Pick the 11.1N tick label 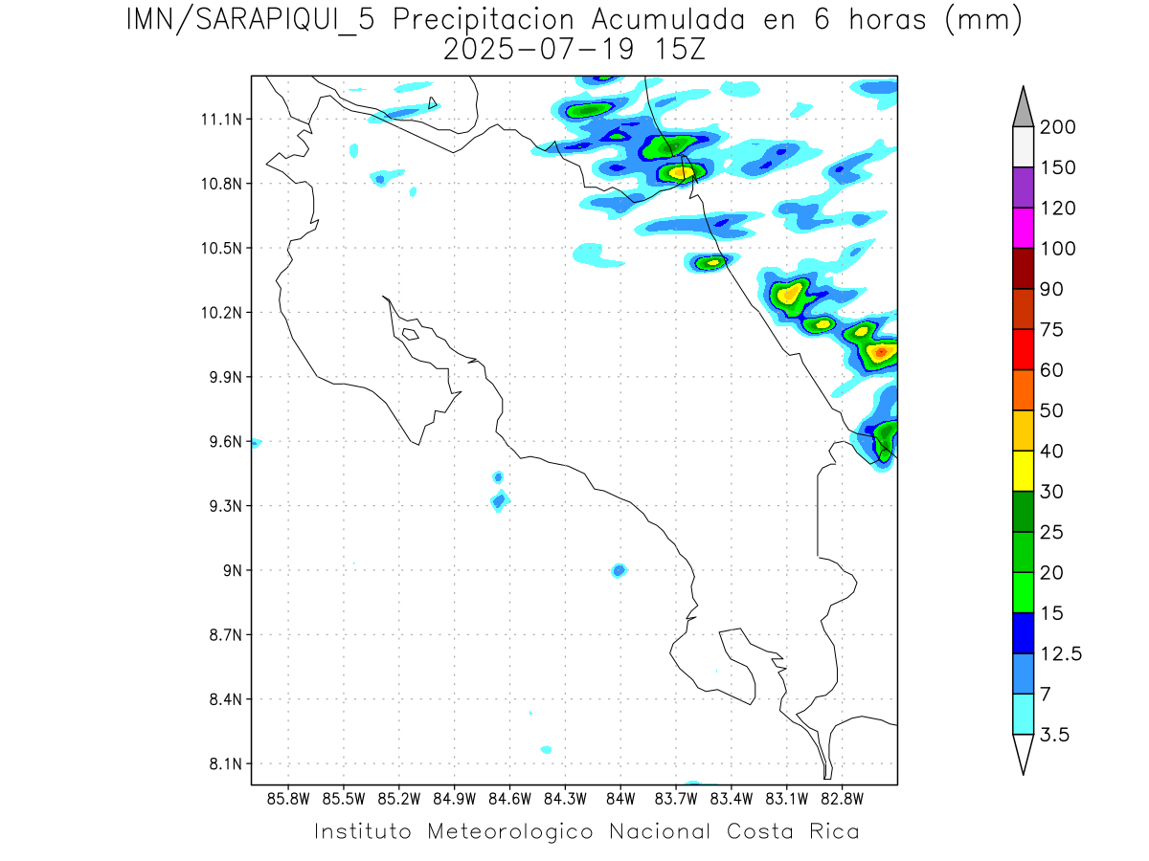pos(226,120)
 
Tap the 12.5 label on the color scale pos(1061,654)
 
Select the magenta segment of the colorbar pos(1022,228)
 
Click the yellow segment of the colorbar pos(1022,471)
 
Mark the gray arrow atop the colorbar pos(1022,105)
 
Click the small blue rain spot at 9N pos(619,570)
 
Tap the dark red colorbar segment pos(1022,269)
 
